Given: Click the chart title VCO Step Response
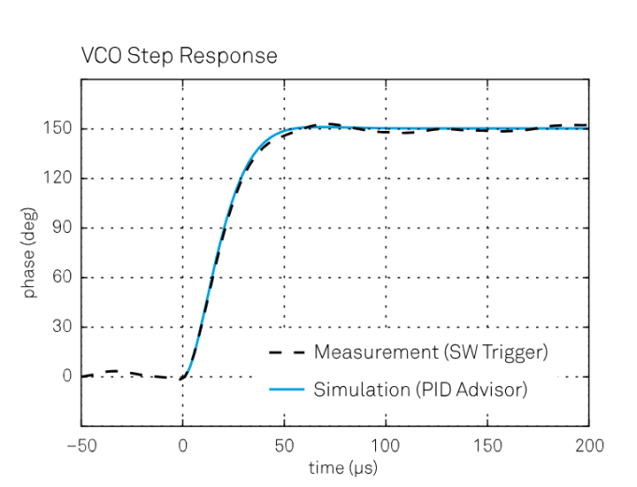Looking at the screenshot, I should (x=179, y=56).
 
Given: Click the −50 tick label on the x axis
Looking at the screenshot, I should (x=81, y=445).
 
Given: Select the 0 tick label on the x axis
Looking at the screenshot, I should (x=182, y=445).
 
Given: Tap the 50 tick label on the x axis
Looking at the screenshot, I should (x=284, y=445).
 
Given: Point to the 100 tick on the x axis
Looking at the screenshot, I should (x=385, y=445).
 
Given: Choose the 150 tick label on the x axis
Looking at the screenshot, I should (x=487, y=445).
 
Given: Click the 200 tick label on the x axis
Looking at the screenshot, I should (x=588, y=445).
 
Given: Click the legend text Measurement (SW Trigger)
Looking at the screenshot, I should (x=430, y=352).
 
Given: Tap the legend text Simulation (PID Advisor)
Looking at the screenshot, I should (x=420, y=390).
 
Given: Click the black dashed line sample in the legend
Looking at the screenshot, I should (x=285, y=353).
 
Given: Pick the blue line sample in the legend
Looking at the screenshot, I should (x=285, y=390).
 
